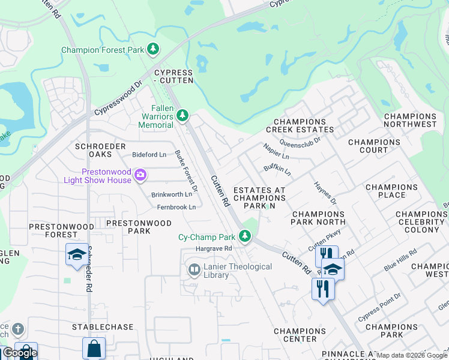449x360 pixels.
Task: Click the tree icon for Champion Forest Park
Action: click(154, 49)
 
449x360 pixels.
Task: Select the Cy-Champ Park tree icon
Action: click(244, 236)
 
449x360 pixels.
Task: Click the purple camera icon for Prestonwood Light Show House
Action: click(140, 175)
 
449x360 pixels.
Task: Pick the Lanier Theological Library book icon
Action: click(194, 270)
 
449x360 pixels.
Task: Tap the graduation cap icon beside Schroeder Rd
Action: click(76, 255)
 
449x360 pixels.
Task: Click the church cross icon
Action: click(18, 329)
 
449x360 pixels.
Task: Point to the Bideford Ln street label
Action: click(149, 155)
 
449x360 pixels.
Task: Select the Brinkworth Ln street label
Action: click(172, 194)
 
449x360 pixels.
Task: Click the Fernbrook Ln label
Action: click(176, 207)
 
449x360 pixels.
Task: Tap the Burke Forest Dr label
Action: click(186, 170)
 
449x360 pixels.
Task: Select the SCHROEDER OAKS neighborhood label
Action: click(100, 150)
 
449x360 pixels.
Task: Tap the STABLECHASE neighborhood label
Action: click(102, 327)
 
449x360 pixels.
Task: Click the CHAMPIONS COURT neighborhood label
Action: click(374, 146)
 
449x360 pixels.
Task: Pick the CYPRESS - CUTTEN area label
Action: click(173, 76)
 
